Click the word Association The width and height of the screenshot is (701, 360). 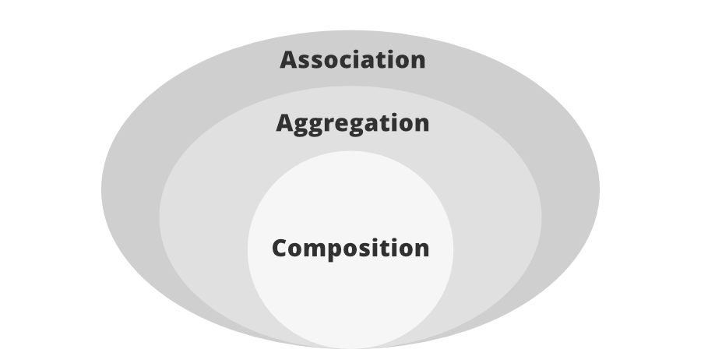(352, 60)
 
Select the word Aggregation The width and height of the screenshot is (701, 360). (352, 123)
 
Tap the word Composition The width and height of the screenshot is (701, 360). (350, 249)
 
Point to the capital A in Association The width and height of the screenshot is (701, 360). (289, 60)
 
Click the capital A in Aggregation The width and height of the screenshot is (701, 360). (285, 123)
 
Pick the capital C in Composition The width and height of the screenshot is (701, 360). (280, 249)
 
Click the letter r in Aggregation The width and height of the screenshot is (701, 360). (329, 125)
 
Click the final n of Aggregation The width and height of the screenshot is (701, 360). (421, 125)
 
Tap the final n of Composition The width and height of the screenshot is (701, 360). (421, 250)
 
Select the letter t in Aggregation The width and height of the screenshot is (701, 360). (375, 123)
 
